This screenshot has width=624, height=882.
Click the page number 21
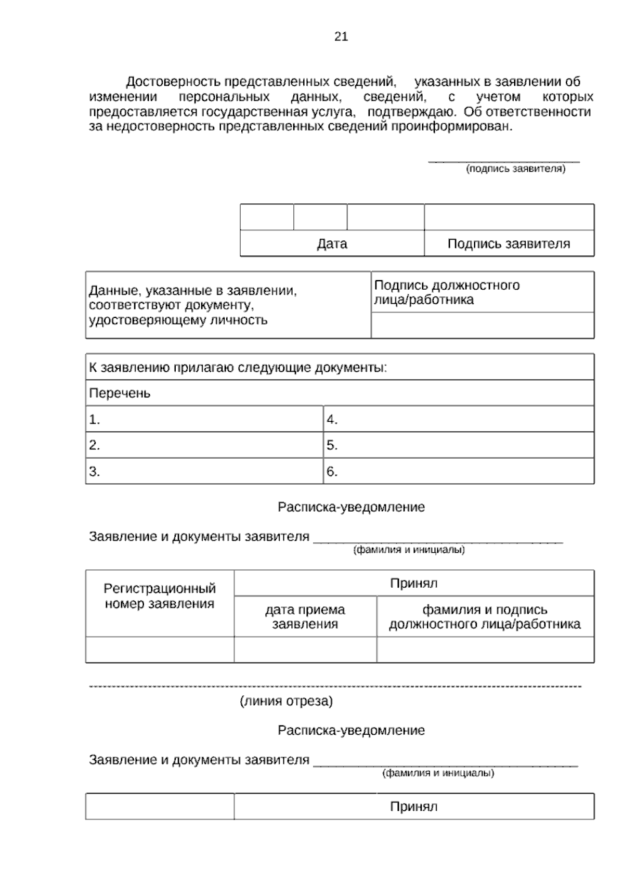pyautogui.click(x=341, y=37)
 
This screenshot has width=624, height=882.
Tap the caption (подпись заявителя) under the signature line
pyautogui.click(x=515, y=169)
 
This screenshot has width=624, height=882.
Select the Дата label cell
pyautogui.click(x=332, y=244)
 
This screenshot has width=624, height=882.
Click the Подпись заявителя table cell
pyautogui.click(x=509, y=244)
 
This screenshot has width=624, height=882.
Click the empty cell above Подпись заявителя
pyautogui.click(x=509, y=217)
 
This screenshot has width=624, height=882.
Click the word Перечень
pyautogui.click(x=120, y=394)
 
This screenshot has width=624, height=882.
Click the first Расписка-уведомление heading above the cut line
pyautogui.click(x=351, y=507)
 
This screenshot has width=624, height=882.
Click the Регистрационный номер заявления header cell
pyautogui.click(x=160, y=596)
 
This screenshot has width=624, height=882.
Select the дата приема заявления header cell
pyautogui.click(x=305, y=617)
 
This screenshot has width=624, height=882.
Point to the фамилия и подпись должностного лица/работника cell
pyautogui.click(x=485, y=617)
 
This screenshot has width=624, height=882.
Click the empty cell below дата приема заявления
pyautogui.click(x=305, y=650)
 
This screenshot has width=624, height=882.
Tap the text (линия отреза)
pyautogui.click(x=286, y=702)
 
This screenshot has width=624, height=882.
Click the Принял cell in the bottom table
pyautogui.click(x=413, y=807)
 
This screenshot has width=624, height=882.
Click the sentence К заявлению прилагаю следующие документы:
pyautogui.click(x=238, y=368)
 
